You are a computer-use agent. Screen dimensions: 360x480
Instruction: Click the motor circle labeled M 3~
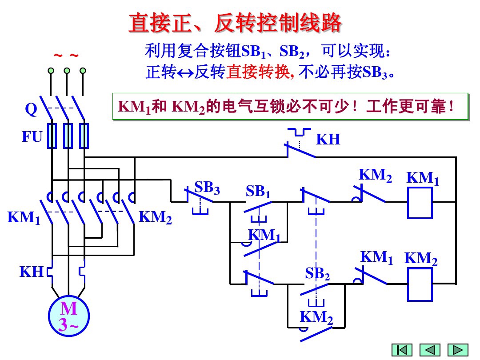(x=69, y=316)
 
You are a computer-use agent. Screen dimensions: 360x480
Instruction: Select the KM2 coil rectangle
(x=420, y=284)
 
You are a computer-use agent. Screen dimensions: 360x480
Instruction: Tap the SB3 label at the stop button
(x=207, y=188)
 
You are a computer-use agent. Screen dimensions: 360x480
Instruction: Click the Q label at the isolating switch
(x=31, y=110)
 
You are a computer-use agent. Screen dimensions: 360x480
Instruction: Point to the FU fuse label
(x=32, y=137)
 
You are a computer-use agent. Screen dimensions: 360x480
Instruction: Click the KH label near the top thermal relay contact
(x=328, y=140)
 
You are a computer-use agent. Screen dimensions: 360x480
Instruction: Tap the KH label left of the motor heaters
(x=31, y=272)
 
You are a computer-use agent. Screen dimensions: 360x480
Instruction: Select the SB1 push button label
(x=258, y=192)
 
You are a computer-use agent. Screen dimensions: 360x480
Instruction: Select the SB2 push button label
(x=317, y=273)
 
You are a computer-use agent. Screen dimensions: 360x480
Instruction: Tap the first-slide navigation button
(x=402, y=350)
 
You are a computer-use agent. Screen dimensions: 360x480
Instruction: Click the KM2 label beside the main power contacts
(x=155, y=217)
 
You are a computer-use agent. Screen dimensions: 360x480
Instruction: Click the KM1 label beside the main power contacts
(x=24, y=218)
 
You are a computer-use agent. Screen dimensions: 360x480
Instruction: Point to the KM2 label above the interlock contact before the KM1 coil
(x=376, y=176)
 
